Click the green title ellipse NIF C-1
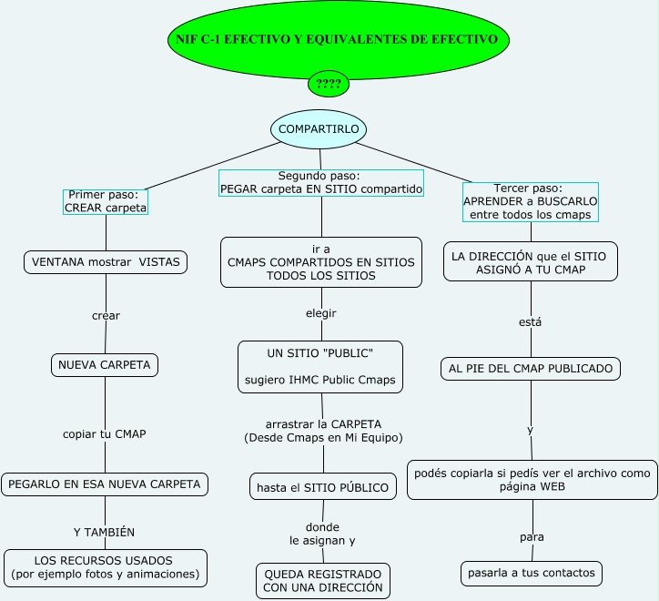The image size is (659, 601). point(338,40)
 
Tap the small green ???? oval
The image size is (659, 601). point(329,85)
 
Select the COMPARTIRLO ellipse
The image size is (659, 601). point(319,129)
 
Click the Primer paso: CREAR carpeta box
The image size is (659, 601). point(104,201)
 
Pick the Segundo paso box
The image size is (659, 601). point(321,183)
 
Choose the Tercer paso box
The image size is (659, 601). point(530,201)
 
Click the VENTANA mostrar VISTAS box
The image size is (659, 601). point(106,262)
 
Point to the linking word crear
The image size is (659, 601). point(106,316)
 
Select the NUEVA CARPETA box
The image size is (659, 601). point(105,365)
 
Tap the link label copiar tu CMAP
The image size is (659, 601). point(104,433)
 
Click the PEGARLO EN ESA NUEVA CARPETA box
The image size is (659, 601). point(105,484)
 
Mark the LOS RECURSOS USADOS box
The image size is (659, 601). point(104,567)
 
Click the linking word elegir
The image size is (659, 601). point(321,312)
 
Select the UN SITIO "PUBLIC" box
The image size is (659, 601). point(320,367)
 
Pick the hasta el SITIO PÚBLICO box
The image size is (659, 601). point(322,487)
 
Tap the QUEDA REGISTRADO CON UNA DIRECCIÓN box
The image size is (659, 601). point(323,581)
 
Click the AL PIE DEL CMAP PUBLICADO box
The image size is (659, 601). point(532,369)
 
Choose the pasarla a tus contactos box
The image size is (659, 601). point(531,573)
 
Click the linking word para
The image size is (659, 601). point(532,537)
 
